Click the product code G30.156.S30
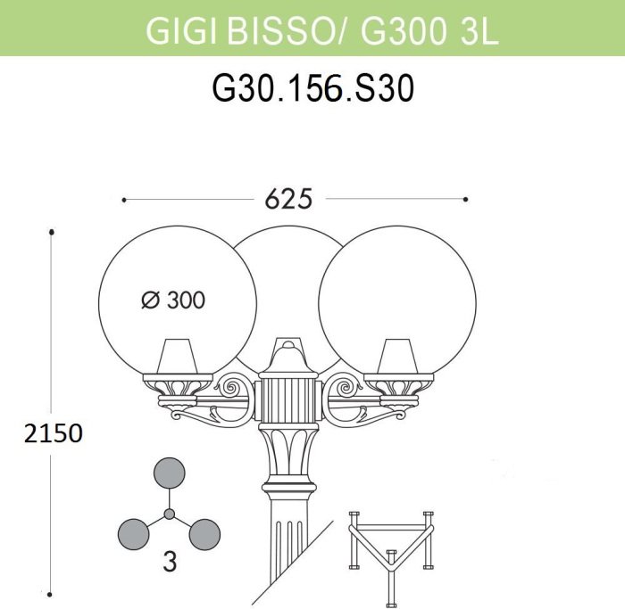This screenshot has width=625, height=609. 312,89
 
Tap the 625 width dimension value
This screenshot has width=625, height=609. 289,199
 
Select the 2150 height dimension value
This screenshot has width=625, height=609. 54,433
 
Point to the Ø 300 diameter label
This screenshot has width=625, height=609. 173,300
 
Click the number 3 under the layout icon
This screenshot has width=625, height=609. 170,563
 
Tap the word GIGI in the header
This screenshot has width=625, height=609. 181,31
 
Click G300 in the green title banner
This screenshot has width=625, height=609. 403,31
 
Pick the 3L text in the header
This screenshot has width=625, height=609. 479,31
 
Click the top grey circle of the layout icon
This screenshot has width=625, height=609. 170,473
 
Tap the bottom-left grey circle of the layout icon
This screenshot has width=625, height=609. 134,535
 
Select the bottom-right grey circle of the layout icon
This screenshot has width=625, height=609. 204,535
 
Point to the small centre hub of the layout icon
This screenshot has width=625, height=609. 170,514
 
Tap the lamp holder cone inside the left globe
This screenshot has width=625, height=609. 178,356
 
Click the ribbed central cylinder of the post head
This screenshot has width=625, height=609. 288,399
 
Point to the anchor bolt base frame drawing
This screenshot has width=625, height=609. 391,557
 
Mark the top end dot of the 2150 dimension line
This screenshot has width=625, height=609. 52,232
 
